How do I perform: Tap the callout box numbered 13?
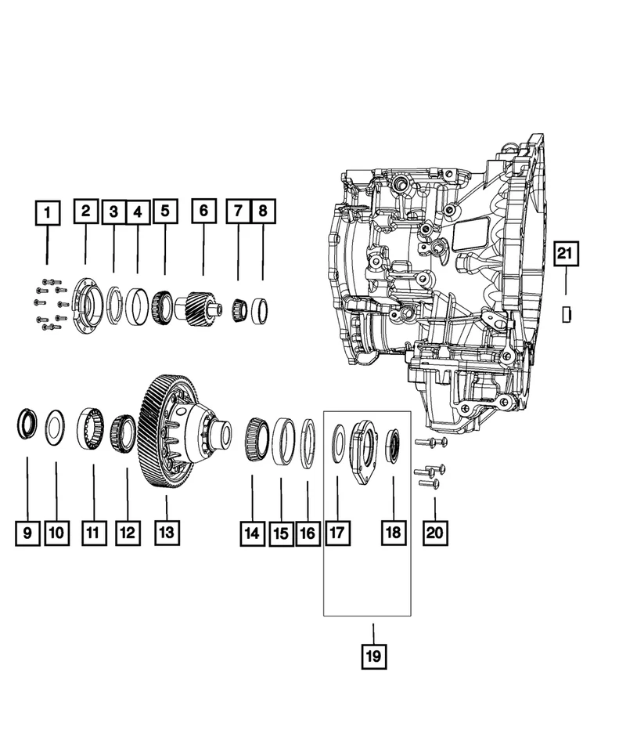pos(167,533)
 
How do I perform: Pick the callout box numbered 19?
pos(373,655)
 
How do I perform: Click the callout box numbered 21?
pos(565,254)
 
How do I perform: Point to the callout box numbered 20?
pos(435,533)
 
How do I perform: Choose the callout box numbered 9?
pos(27,533)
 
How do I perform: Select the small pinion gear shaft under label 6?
pos(200,303)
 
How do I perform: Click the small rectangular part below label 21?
pos(566,314)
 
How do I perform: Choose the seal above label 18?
pos(394,444)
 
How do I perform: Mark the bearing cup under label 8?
pos(261,310)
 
